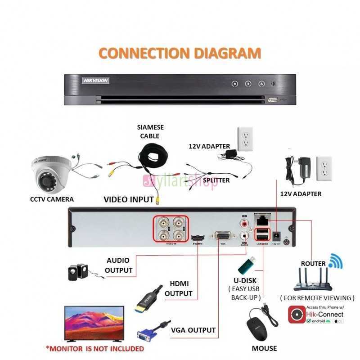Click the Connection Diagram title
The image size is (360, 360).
click(180, 53)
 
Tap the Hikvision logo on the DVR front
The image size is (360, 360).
click(95, 80)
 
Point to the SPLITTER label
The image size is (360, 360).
click(216, 180)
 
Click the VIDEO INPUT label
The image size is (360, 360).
click(129, 199)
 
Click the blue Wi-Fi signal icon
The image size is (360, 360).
click(335, 261)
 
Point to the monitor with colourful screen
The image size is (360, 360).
click(94, 323)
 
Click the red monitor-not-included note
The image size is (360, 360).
click(95, 348)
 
